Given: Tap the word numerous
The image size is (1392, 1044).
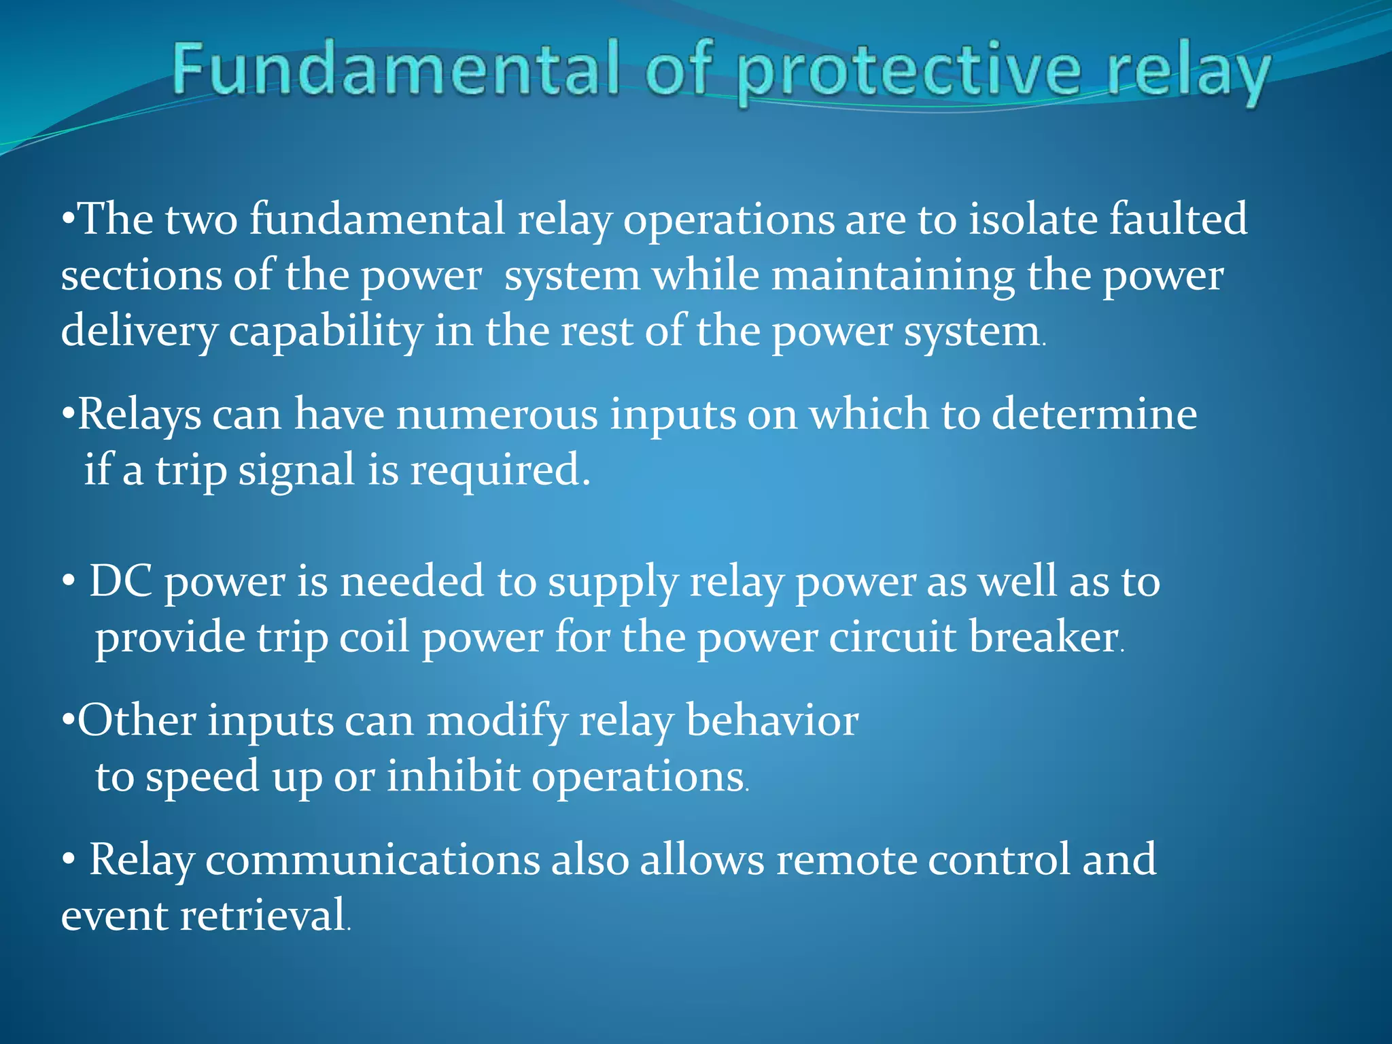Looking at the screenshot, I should point(497,414).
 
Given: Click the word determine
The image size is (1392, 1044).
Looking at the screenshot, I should point(1094,414).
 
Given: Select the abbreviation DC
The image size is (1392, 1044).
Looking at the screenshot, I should point(121,581).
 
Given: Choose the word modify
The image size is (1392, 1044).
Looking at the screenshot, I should point(496,721).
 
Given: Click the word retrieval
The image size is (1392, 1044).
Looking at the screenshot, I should point(262,916).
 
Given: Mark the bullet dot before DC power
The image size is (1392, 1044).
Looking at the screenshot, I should point(68,583).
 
